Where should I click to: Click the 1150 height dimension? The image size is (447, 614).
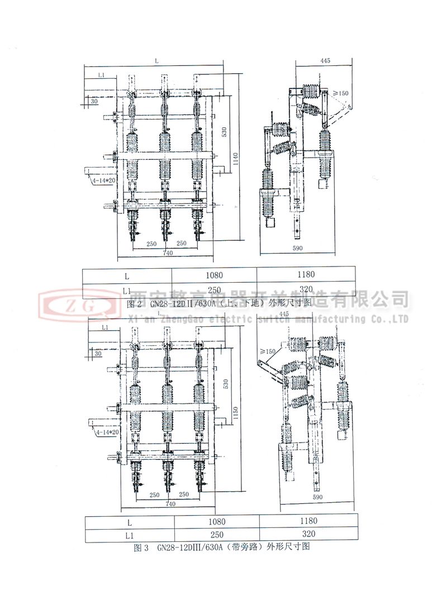click(236, 413)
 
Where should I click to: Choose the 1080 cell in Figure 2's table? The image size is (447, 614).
click(214, 275)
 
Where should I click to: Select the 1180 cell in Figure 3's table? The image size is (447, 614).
click(307, 521)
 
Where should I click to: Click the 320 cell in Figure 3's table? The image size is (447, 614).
click(307, 534)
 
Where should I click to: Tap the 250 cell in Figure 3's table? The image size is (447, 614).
click(217, 534)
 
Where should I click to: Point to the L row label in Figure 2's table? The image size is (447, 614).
click(127, 275)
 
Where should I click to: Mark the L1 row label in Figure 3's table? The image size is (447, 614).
click(129, 535)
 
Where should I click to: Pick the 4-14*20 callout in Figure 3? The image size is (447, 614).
click(106, 432)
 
